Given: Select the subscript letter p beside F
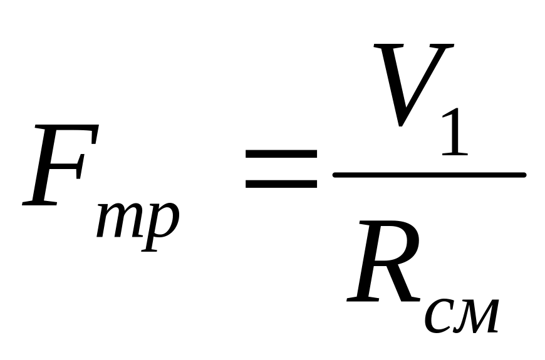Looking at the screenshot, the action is (160, 226).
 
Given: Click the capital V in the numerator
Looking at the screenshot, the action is (413, 85).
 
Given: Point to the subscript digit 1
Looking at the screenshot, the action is (454, 131).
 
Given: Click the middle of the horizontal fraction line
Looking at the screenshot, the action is (430, 175).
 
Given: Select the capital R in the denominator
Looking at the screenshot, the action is (384, 260).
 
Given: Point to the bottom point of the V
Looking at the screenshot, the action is (400, 125).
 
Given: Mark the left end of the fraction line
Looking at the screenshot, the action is (334, 175).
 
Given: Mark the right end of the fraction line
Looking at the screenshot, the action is (525, 175).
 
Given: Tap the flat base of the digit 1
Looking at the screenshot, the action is (455, 153).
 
